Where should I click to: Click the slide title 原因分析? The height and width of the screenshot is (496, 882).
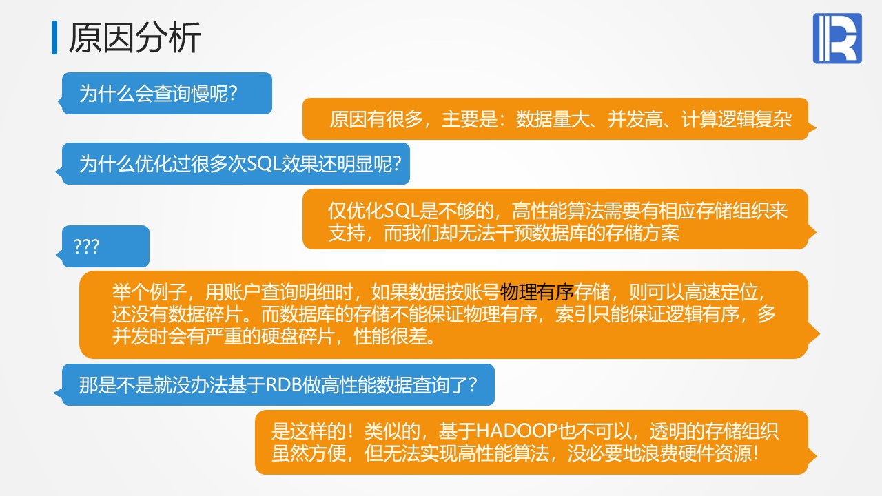134,38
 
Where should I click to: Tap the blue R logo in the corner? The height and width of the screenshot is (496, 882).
837,38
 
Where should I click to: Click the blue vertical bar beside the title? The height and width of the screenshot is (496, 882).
54,38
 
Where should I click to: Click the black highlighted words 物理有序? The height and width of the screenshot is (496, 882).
537,292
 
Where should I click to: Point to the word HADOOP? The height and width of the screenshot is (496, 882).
517,431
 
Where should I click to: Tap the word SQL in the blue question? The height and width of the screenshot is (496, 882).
266,164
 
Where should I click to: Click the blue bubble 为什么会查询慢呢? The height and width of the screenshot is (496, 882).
165,94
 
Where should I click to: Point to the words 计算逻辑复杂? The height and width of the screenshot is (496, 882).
737,119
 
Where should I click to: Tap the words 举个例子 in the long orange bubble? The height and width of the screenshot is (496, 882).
150,292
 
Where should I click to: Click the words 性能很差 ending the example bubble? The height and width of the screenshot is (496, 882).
391,336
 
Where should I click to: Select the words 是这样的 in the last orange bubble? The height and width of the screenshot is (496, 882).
308,431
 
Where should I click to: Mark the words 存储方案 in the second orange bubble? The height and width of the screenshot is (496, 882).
643,233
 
